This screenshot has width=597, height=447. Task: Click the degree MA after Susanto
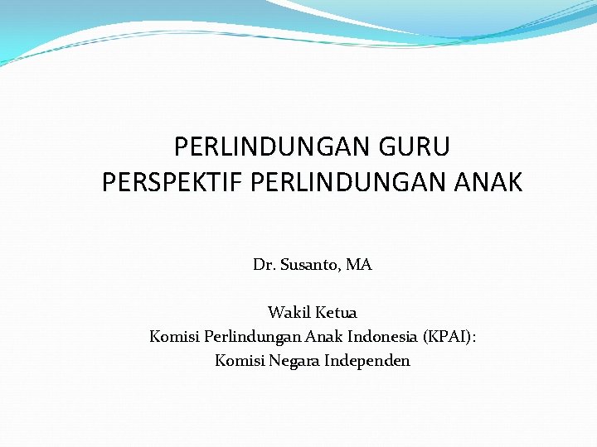[359, 266]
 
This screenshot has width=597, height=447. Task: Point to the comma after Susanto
[341, 270]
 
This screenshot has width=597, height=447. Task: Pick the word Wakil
[287, 313]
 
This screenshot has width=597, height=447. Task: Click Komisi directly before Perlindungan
[172, 337]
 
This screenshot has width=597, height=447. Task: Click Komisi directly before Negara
[239, 361]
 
